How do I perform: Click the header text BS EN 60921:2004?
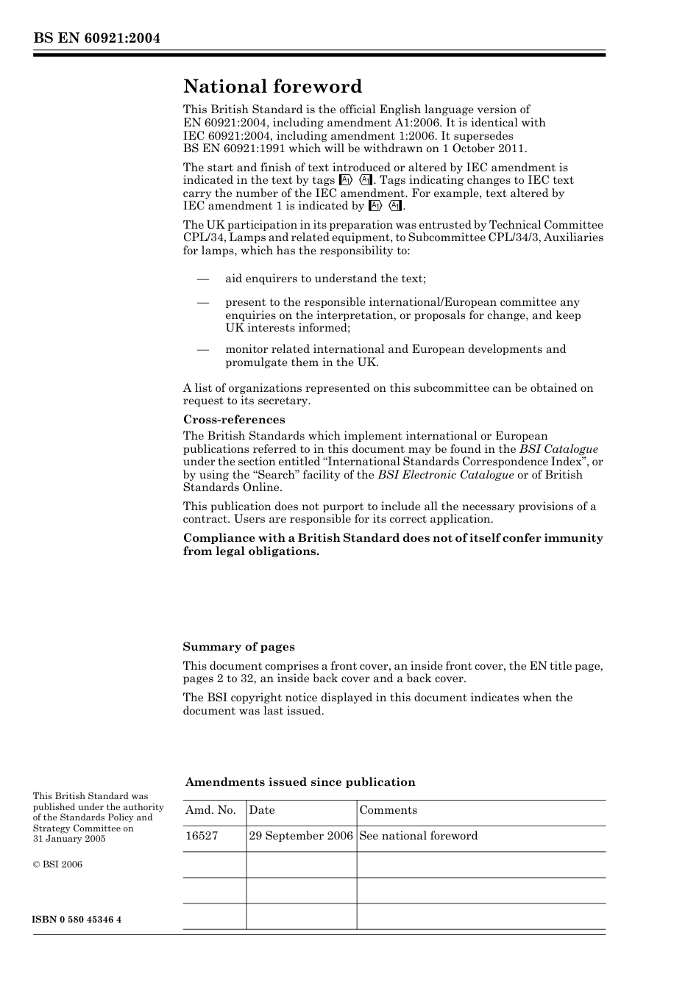[x=96, y=39]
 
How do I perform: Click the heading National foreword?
[x=272, y=87]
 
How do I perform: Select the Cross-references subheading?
[x=234, y=420]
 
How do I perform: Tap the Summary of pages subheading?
[x=238, y=647]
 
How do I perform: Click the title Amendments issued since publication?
[x=300, y=782]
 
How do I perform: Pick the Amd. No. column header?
[x=210, y=810]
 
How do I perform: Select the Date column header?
[x=261, y=810]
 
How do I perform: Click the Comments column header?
[x=388, y=810]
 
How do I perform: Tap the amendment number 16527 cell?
[x=202, y=836]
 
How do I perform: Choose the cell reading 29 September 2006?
[x=301, y=836]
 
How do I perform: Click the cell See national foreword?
[x=418, y=836]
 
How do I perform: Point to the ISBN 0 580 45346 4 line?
[x=77, y=920]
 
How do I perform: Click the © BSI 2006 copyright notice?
[x=57, y=865]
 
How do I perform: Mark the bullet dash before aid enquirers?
[x=202, y=279]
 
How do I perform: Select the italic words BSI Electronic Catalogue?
[x=445, y=475]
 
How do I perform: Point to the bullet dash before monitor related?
[x=202, y=349]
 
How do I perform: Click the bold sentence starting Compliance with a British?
[x=393, y=545]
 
